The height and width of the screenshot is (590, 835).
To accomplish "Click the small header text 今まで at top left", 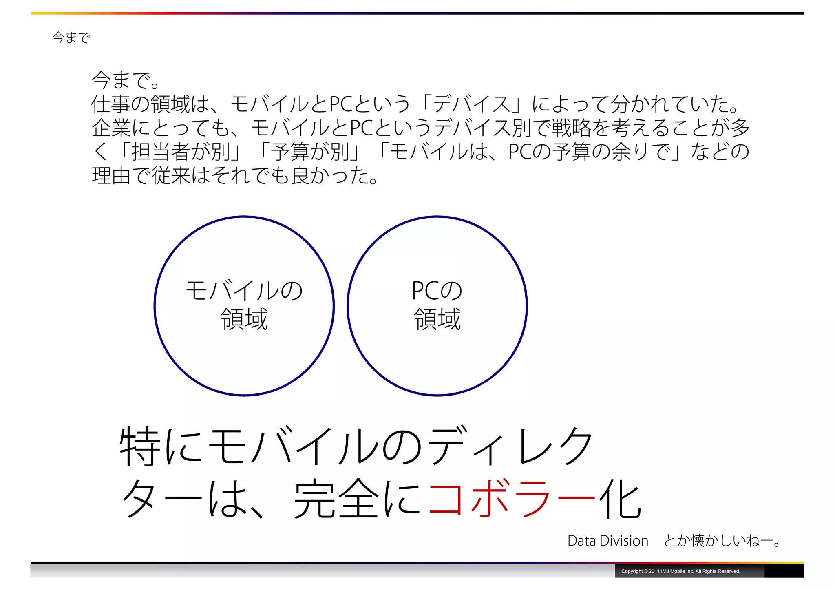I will [x=71, y=38].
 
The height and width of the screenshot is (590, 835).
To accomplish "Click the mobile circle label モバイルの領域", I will [x=244, y=305].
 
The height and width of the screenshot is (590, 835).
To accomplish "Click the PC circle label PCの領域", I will [x=437, y=305].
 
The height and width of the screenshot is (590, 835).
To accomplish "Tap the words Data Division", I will [x=607, y=541].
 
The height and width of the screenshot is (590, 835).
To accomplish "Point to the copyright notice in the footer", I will [x=680, y=571].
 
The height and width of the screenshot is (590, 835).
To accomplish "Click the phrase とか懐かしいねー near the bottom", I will [x=722, y=541].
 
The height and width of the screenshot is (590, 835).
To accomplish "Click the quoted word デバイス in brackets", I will [x=471, y=104].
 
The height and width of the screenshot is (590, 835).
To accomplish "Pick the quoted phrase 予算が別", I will [x=310, y=152].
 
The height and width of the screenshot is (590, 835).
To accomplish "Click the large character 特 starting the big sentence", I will [x=140, y=446].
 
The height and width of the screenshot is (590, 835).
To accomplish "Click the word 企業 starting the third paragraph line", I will [x=111, y=128].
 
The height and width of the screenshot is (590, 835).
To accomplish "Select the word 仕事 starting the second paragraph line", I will [x=111, y=104].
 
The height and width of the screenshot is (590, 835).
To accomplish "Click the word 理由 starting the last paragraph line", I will [x=111, y=176].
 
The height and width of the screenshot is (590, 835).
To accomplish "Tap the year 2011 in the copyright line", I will [x=654, y=571].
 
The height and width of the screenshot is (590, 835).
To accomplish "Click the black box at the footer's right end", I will [x=784, y=571].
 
